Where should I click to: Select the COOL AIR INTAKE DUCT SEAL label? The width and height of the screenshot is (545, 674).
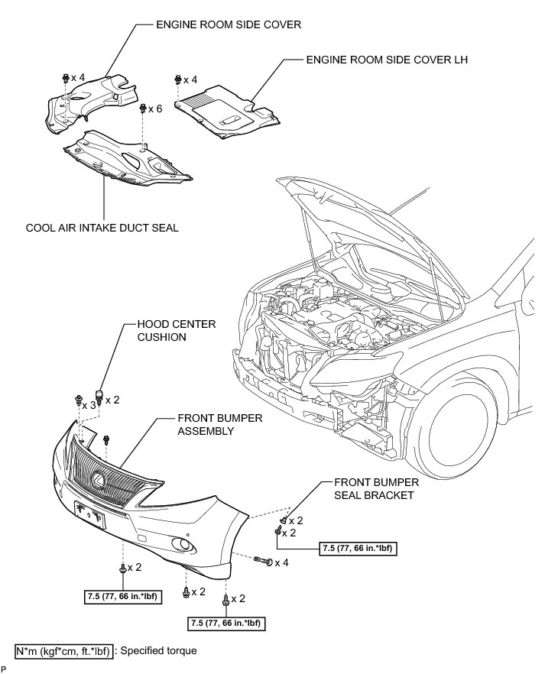click(x=102, y=227)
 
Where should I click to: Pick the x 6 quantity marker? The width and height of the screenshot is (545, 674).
click(x=155, y=109)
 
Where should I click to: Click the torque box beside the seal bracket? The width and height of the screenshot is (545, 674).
click(x=358, y=548)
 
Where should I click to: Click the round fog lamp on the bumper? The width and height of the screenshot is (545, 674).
click(x=183, y=544)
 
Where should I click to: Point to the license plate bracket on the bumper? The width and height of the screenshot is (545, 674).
click(x=89, y=514)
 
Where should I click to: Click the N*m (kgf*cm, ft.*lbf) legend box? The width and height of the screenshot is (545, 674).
click(x=64, y=651)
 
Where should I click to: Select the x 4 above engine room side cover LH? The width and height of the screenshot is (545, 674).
click(x=190, y=79)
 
